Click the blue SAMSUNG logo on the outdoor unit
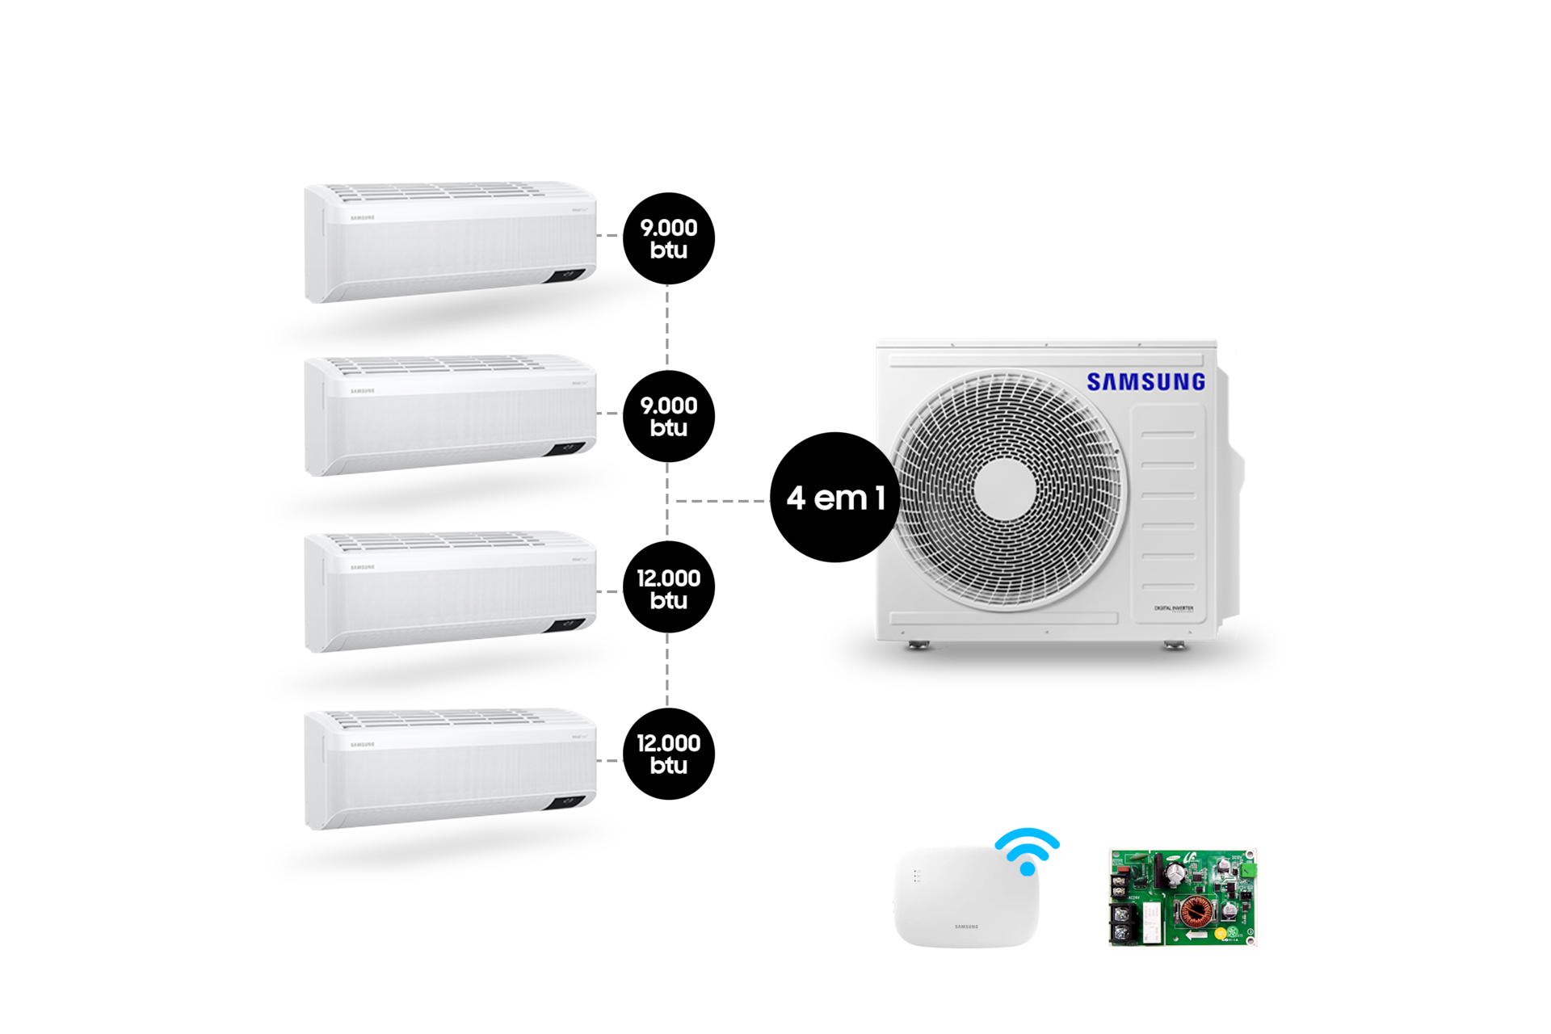1145,382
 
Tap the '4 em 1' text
836,498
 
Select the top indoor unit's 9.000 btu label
669,238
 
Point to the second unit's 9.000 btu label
669,416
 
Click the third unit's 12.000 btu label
669,589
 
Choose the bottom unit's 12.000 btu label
669,754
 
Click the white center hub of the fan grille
1005,490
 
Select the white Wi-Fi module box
966,897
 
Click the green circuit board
1182,897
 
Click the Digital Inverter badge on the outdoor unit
1173,608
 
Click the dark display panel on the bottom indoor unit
566,802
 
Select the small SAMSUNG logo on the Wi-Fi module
966,927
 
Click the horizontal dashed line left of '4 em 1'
721,501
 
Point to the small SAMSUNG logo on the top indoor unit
362,217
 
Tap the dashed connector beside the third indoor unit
610,591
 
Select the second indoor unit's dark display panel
566,448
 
